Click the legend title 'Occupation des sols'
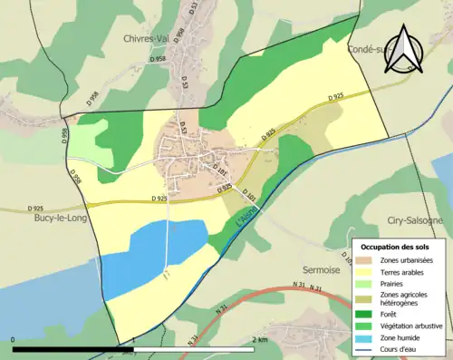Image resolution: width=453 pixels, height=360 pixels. coord(396,247)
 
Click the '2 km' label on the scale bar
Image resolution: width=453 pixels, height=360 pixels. coord(261,339)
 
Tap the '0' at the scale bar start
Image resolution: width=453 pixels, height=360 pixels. coord(14,339)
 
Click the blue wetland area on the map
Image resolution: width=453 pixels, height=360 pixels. coord(154,249)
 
